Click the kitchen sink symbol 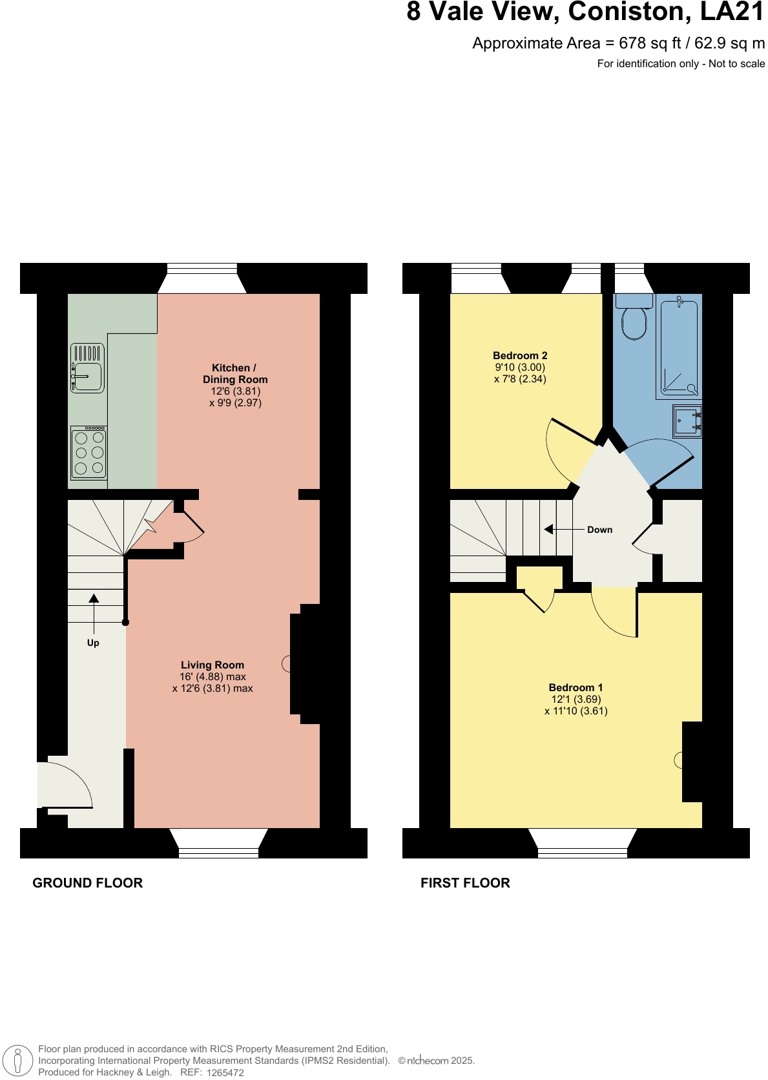pyautogui.click(x=87, y=368)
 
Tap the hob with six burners pyautogui.click(x=89, y=453)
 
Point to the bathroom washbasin pyautogui.click(x=687, y=421)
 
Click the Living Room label pyautogui.click(x=213, y=665)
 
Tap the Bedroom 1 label pyautogui.click(x=576, y=687)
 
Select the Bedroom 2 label pyautogui.click(x=520, y=355)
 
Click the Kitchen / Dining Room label pyautogui.click(x=234, y=373)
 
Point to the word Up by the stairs pyautogui.click(x=93, y=643)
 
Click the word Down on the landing pyautogui.click(x=599, y=530)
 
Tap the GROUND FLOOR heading pyautogui.click(x=87, y=882)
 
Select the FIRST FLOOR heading pyautogui.click(x=465, y=882)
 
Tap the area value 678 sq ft pyautogui.click(x=650, y=43)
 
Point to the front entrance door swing pyautogui.click(x=65, y=785)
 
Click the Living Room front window pyautogui.click(x=218, y=853)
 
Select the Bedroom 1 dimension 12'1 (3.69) pyautogui.click(x=576, y=699)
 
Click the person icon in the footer pyautogui.click(x=18, y=1061)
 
